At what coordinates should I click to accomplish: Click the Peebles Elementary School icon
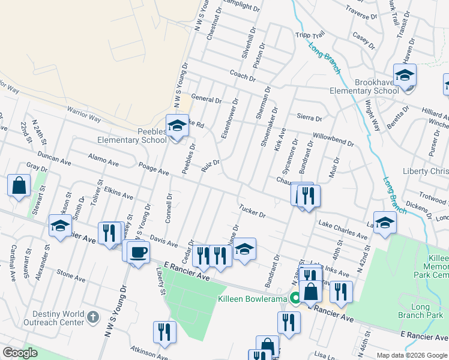click(177, 126)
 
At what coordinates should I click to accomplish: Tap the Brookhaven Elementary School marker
click(405, 76)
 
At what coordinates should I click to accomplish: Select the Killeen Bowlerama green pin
click(295, 298)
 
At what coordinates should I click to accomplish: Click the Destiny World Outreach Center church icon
click(92, 316)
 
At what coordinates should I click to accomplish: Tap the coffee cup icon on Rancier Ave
click(139, 251)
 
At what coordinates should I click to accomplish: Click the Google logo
click(20, 353)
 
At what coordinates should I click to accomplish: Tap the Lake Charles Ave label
click(343, 230)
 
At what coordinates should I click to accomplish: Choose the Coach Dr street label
click(243, 75)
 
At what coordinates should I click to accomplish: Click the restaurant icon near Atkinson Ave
click(164, 331)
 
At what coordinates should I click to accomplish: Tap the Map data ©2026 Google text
click(411, 355)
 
